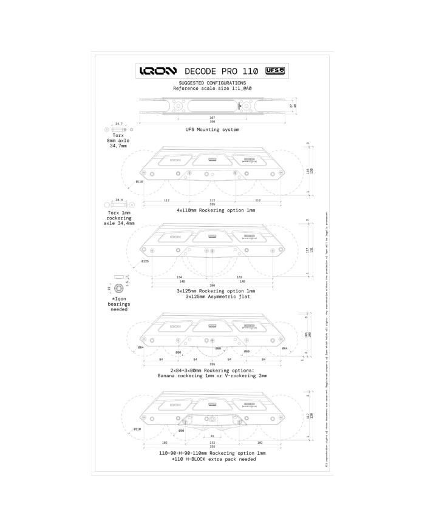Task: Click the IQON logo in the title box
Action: [159, 70]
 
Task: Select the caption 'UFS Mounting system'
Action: [212, 130]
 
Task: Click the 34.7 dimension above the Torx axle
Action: [119, 123]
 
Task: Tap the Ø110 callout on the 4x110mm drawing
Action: [139, 181]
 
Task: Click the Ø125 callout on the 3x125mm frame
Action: [145, 261]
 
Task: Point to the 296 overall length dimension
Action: [212, 285]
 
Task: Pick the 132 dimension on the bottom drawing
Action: [212, 443]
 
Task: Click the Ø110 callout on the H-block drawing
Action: [137, 429]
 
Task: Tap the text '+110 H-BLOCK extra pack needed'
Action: [212, 459]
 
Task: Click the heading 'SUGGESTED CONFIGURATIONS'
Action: [212, 82]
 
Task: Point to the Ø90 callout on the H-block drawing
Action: [181, 431]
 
